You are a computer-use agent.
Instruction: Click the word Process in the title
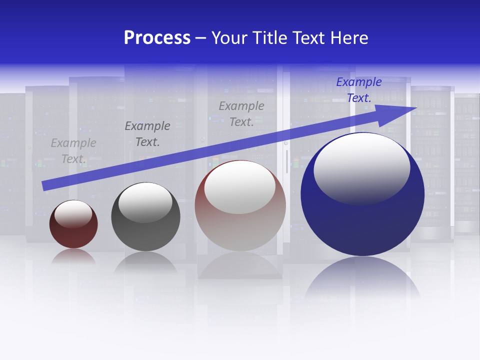tap(157, 38)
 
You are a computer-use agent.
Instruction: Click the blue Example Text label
tap(359, 90)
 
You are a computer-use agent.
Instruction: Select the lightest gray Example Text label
tap(73, 151)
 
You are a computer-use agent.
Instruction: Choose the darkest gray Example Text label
tap(147, 134)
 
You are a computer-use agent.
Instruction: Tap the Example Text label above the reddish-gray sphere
tap(241, 113)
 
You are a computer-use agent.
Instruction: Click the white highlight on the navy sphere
tap(361, 168)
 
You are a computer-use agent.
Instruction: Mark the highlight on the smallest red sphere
tap(73, 214)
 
